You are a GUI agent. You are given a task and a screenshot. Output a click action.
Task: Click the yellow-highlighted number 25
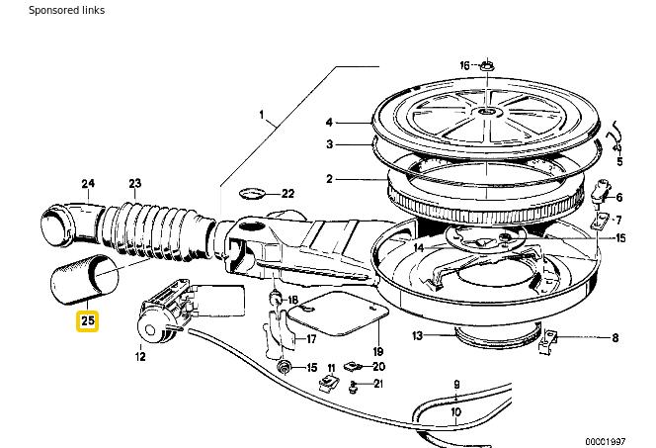tap(88, 320)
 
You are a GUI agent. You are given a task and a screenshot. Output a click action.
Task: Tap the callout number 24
tap(88, 183)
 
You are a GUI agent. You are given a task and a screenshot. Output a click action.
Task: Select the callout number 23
tap(135, 183)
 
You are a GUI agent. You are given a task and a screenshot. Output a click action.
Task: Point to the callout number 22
tap(287, 194)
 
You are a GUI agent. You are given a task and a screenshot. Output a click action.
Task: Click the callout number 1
tap(262, 115)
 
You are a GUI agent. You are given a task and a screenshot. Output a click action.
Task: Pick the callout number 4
tap(329, 123)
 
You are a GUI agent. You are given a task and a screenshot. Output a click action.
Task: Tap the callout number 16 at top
tap(465, 65)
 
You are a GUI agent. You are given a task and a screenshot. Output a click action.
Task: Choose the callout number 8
tap(615, 338)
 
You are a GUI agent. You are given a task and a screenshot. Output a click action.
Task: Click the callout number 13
tap(418, 336)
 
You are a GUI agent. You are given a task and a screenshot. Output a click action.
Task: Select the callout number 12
tap(139, 356)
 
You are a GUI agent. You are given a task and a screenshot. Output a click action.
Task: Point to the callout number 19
tap(377, 351)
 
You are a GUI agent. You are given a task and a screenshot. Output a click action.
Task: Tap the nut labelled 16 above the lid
tap(487, 66)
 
